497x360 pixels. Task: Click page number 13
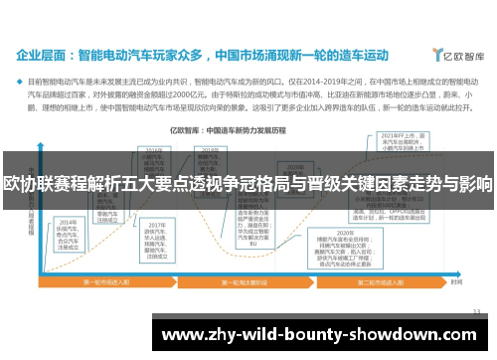click(x=476, y=311)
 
